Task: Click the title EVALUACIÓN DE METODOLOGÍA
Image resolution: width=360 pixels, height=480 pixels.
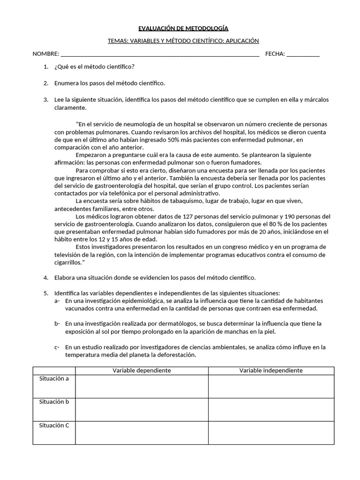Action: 183,29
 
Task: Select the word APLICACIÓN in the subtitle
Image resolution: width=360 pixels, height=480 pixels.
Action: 242,41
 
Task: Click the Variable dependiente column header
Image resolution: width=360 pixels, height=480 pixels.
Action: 142,370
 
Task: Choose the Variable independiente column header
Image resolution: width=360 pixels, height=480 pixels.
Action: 271,370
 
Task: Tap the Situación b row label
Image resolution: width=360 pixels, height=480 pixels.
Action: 54,402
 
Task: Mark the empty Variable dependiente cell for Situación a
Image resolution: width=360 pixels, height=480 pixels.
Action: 142,386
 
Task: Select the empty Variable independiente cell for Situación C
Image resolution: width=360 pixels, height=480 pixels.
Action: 271,433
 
